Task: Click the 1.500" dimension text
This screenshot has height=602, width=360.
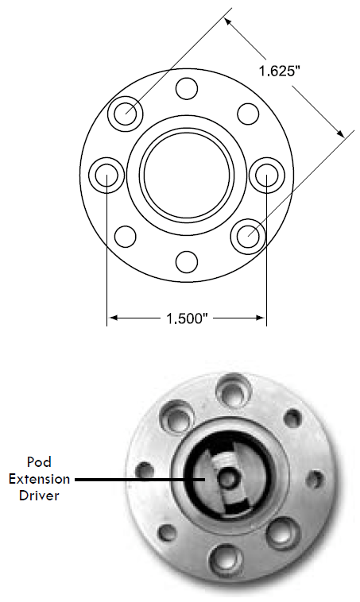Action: coord(187,318)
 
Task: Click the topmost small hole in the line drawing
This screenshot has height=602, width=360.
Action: coord(187,87)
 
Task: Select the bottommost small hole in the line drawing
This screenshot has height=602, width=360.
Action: coord(187,260)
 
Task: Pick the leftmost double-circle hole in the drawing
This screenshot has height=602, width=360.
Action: coord(106,174)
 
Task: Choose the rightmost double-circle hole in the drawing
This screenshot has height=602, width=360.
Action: coord(266,174)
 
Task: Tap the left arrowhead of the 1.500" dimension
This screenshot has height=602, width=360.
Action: coord(112,318)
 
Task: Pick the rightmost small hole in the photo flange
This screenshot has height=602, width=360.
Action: coord(315,480)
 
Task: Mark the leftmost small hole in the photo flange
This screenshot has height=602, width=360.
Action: coord(145,469)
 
